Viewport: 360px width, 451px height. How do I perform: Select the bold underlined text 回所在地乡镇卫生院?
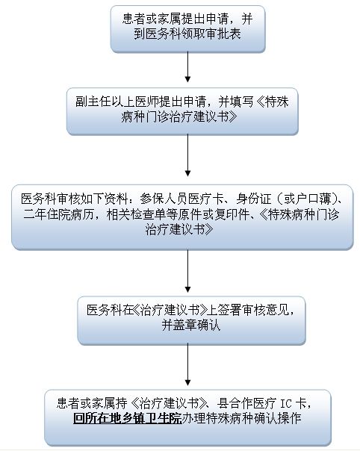pos(127,419)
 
